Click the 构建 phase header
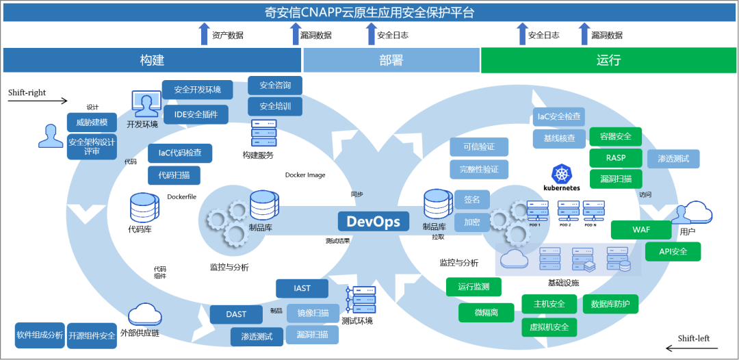[152, 60]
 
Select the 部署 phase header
[391, 60]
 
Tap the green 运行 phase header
[608, 60]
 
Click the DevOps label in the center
[373, 221]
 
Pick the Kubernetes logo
[562, 177]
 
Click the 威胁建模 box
[91, 123]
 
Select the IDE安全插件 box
[196, 114]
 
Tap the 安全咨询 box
[275, 86]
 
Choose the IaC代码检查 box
[180, 153]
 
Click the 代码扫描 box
[174, 175]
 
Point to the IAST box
[302, 289]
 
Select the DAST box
[237, 314]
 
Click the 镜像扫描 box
[313, 313]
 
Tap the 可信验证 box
[479, 147]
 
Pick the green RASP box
[616, 158]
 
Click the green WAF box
[641, 230]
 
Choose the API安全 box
[673, 251]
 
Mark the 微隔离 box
[486, 313]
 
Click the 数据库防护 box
[610, 304]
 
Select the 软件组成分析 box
[40, 335]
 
